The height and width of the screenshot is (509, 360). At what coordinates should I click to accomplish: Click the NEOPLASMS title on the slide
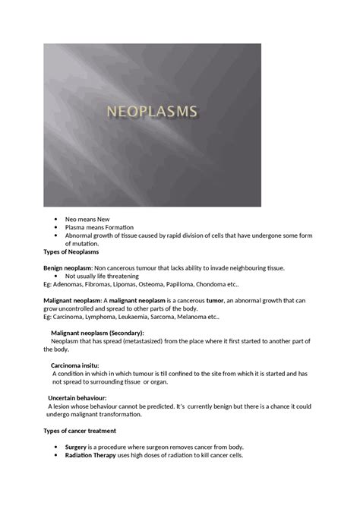pos(152,112)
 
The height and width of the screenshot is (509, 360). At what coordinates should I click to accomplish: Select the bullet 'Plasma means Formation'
pos(99,227)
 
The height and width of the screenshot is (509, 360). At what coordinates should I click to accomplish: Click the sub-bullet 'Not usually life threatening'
pos(107,277)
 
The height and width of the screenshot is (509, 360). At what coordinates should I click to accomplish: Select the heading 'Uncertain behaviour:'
pos(77,398)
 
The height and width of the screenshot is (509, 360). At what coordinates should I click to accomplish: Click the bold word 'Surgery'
pos(75,447)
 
